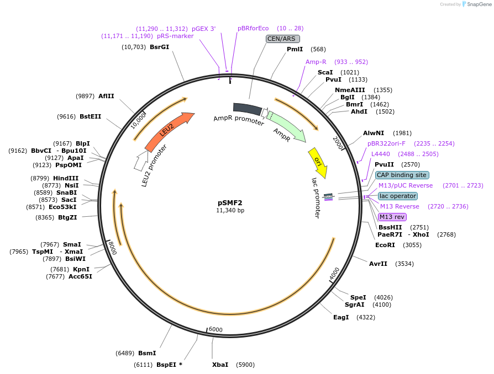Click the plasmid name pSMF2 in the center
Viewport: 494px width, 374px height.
(230, 202)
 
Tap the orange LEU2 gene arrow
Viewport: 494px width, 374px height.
(168, 132)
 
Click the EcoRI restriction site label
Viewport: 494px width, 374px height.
(385, 245)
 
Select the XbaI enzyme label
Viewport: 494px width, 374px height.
(220, 365)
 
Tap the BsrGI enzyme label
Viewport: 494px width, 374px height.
(159, 47)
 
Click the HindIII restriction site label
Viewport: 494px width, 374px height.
(66, 178)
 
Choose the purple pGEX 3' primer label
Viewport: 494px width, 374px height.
(204, 28)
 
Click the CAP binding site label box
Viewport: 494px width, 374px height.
(402, 175)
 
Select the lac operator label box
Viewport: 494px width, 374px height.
(398, 196)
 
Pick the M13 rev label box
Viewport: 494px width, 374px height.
(392, 217)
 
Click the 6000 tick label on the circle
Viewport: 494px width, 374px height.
(216, 330)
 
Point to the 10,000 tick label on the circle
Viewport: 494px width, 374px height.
(138, 120)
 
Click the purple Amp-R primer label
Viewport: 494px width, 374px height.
(316, 62)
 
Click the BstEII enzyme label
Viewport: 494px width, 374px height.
(90, 116)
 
